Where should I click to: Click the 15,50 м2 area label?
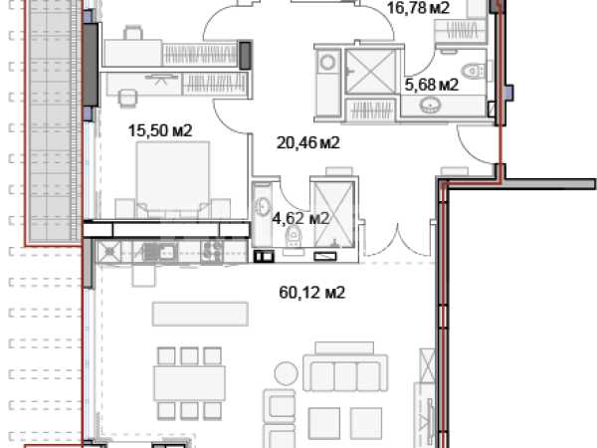(x=160, y=130)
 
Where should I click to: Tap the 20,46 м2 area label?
(x=307, y=142)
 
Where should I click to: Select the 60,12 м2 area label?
(x=311, y=293)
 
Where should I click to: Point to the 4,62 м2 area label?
(x=300, y=219)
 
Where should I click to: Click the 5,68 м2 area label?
(x=431, y=85)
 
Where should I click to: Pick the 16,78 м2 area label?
(x=418, y=8)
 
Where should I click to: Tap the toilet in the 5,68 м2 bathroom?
(x=473, y=71)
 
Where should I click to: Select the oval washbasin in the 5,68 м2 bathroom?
(x=430, y=105)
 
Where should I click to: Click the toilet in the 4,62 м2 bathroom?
(x=294, y=236)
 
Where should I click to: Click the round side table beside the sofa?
(x=287, y=373)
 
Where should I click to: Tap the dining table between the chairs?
(x=189, y=383)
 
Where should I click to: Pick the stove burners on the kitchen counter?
(x=212, y=252)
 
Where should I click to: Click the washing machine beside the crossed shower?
(x=327, y=62)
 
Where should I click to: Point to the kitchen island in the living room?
(x=200, y=314)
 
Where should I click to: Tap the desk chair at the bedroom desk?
(x=127, y=98)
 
